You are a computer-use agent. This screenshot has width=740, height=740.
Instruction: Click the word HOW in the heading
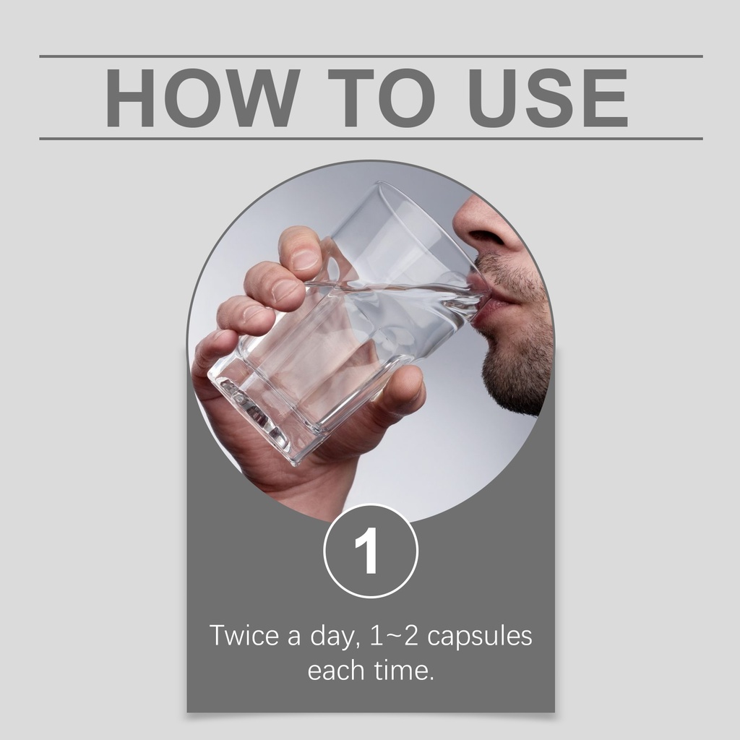(x=203, y=98)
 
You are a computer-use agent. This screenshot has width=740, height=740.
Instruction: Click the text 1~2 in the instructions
(x=394, y=636)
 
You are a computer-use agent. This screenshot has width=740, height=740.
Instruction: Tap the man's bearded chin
(x=515, y=377)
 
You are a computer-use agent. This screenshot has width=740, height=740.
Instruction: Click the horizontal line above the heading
(x=371, y=56)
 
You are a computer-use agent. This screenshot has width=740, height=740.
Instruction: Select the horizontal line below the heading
(x=371, y=139)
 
